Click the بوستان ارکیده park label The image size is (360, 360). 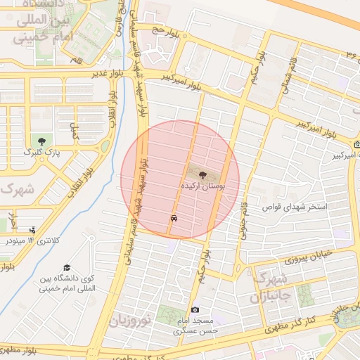[202, 189]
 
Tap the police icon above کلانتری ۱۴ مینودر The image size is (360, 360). [32, 229]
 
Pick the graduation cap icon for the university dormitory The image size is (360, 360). [67, 267]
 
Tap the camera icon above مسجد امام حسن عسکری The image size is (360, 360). [195, 310]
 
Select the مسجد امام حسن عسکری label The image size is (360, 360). [197, 324]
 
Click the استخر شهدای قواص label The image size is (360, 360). [296, 207]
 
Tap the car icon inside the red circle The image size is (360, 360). [172, 219]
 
